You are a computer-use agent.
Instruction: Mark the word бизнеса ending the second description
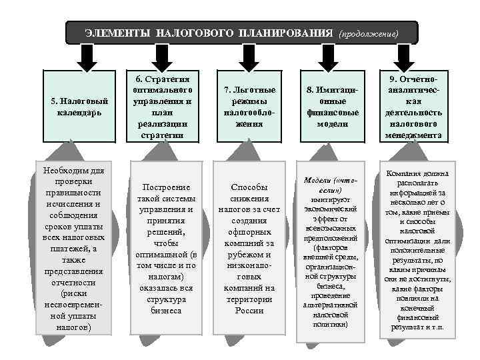[167, 310]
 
